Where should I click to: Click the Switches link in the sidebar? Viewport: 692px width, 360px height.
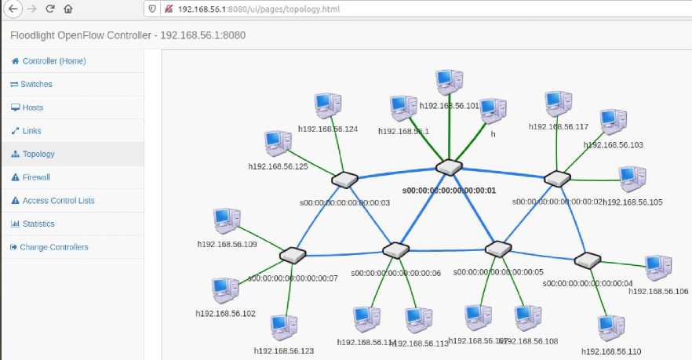tap(36, 85)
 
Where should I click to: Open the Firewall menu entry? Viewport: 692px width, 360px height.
tap(36, 177)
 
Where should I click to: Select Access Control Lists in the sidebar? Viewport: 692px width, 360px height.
tap(58, 201)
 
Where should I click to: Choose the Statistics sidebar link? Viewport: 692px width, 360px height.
tap(38, 224)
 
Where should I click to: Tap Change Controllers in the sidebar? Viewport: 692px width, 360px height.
tap(53, 247)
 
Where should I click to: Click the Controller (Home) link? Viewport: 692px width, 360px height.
tap(53, 61)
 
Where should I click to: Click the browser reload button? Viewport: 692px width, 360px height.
tap(50, 9)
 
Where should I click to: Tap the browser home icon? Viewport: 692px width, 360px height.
tap(68, 9)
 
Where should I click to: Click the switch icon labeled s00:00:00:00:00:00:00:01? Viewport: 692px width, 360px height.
tap(449, 167)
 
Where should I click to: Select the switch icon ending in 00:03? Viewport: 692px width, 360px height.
tap(344, 180)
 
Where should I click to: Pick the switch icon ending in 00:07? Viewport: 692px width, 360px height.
tap(292, 254)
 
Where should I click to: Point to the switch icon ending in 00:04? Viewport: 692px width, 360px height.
tap(587, 260)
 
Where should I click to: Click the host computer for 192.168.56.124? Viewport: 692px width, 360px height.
tap(327, 106)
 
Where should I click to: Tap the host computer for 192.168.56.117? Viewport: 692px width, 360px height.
tap(559, 104)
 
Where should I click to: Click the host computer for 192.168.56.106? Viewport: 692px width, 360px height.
tap(657, 268)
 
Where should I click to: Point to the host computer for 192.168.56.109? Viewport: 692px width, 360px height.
tap(228, 222)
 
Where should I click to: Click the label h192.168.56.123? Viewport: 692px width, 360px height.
tap(284, 351)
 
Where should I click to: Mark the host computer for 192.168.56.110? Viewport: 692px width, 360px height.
tap(610, 328)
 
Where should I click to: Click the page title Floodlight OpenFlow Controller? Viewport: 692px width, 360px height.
tap(86, 35)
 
